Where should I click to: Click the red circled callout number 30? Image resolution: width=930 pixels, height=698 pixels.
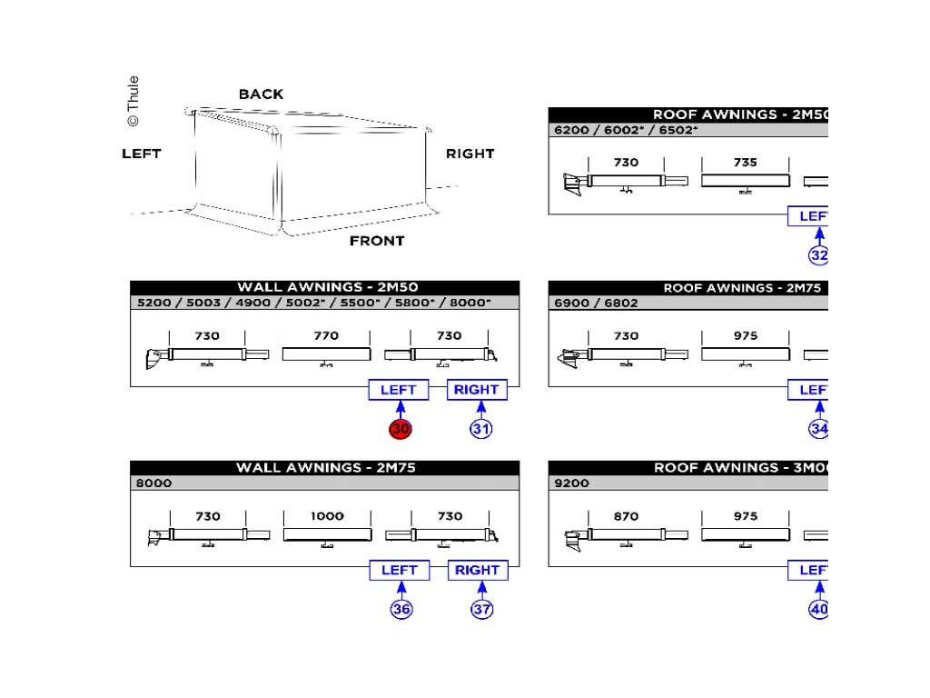pyautogui.click(x=401, y=429)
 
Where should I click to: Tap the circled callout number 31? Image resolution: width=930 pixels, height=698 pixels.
pyautogui.click(x=481, y=429)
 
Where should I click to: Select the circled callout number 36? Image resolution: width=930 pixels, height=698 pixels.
pyautogui.click(x=401, y=609)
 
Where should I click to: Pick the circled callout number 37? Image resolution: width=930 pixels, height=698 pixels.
pyautogui.click(x=481, y=609)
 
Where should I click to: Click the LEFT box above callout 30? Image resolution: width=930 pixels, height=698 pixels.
pyautogui.click(x=399, y=390)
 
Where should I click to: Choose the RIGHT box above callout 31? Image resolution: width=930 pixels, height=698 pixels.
pyautogui.click(x=477, y=390)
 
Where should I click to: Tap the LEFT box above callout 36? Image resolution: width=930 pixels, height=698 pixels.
pyautogui.click(x=400, y=570)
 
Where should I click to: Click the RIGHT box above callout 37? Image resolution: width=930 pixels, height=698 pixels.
pyautogui.click(x=478, y=570)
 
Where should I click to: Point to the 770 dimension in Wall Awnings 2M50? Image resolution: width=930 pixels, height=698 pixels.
pyautogui.click(x=326, y=336)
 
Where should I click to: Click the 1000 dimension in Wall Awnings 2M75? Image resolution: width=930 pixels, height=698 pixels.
pyautogui.click(x=327, y=516)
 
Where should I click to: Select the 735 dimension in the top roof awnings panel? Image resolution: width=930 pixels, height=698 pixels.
pyautogui.click(x=745, y=163)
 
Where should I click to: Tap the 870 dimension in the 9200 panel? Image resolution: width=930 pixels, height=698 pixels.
pyautogui.click(x=626, y=516)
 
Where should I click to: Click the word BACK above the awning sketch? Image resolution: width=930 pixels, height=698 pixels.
pyautogui.click(x=261, y=95)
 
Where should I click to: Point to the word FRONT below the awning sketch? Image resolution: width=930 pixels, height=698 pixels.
pyautogui.click(x=377, y=241)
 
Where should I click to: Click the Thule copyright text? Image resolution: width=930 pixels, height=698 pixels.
pyautogui.click(x=134, y=101)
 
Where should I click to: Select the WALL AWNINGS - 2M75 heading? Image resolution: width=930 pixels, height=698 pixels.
pyautogui.click(x=326, y=468)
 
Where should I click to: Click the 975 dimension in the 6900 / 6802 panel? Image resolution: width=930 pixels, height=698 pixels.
pyautogui.click(x=745, y=336)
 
